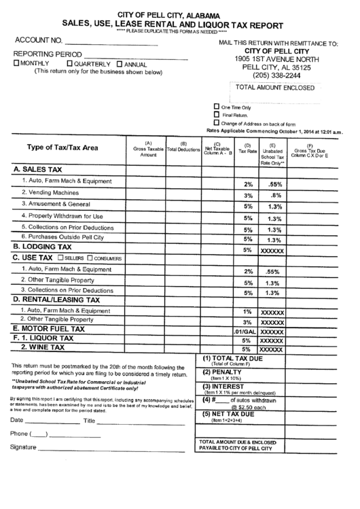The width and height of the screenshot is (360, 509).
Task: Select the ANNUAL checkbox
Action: point(120,64)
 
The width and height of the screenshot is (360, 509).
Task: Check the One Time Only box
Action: point(217,106)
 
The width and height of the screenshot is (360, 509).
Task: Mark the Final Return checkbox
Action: point(217,115)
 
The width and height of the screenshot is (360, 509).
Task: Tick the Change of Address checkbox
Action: point(217,124)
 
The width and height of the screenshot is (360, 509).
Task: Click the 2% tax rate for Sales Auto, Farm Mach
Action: point(247,184)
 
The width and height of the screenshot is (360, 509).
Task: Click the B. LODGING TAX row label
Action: point(41,247)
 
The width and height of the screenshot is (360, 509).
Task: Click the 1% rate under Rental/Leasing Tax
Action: point(247,311)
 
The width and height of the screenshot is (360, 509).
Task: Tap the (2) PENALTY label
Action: point(223,373)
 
